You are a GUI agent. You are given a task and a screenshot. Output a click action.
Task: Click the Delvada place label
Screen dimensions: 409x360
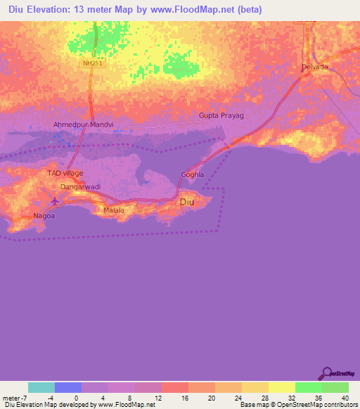pos(314,67)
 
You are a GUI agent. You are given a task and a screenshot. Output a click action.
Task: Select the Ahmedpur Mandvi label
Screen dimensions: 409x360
pos(84,124)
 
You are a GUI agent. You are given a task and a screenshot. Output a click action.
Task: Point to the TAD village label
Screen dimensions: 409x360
pos(65,173)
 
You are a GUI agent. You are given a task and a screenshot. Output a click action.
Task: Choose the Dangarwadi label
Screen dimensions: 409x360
pos(79,187)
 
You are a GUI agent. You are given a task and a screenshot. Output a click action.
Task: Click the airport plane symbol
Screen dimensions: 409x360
pos(57,202)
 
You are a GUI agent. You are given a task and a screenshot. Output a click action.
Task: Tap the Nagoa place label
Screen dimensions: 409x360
pos(44,216)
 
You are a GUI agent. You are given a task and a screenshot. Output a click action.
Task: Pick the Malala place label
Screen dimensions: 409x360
pos(113,210)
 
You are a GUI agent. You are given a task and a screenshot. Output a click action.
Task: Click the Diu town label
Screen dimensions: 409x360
pos(187,202)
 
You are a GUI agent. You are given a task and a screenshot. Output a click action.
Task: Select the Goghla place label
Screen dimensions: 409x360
pos(192,174)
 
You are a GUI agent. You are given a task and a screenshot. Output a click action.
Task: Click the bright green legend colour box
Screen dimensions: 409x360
pos(309,387)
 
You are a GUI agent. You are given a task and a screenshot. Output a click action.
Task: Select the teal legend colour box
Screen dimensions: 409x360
pos(41,387)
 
